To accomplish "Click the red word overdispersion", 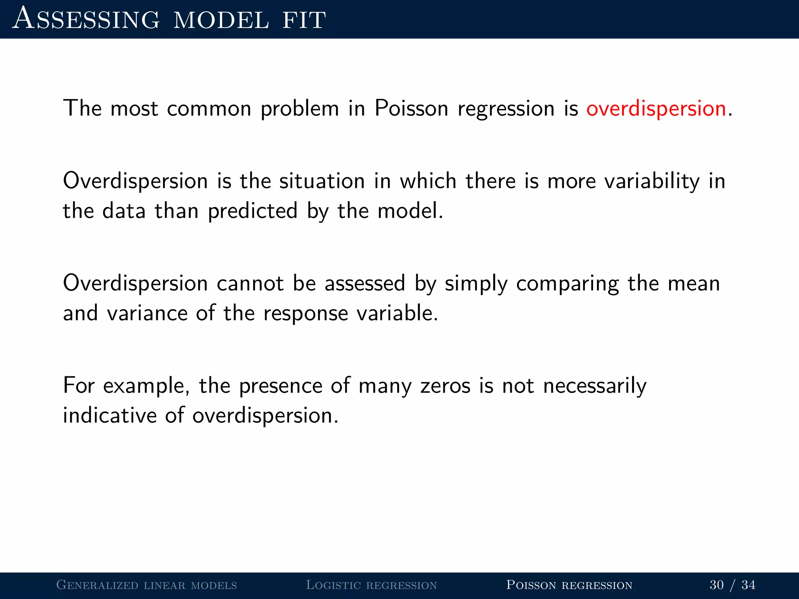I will (x=656, y=108).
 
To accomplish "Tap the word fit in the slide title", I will (x=304, y=19).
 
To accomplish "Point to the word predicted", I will (x=252, y=211).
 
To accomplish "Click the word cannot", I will (x=250, y=283).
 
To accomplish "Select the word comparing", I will (x=567, y=284).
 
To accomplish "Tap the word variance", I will (x=147, y=313).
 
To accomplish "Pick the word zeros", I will (x=445, y=386).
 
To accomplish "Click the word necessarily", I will (x=595, y=386).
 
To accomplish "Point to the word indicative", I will (x=110, y=415).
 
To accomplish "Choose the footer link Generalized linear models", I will (x=147, y=585).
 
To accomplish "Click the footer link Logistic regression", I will (x=371, y=585).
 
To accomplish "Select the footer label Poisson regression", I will (x=569, y=585).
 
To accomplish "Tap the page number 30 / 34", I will (x=732, y=585).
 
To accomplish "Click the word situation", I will (x=322, y=182).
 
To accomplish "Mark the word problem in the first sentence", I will (x=300, y=109).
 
